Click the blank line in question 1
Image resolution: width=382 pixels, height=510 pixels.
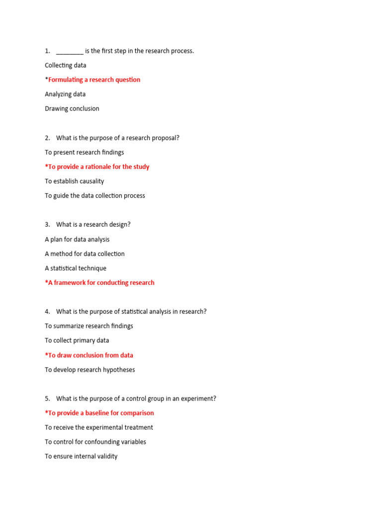pos(70,52)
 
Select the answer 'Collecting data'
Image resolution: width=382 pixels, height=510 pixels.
pos(65,65)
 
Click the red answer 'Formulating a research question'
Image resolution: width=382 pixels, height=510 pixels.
pos(93,80)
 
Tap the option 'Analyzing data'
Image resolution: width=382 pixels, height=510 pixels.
pos(65,94)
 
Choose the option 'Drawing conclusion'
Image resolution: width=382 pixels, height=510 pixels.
pos(72,109)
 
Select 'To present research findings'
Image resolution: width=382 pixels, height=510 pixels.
pos(84,152)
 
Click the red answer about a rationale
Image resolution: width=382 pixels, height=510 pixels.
pos(97,167)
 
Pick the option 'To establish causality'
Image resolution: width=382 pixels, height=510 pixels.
pos(74,181)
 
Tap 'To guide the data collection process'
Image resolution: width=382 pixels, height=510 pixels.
pos(95,196)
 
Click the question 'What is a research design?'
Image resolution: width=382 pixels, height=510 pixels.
pos(93,225)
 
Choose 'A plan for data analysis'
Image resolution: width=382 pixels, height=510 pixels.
pos(77,240)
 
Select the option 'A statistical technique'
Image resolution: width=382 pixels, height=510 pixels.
pos(75,268)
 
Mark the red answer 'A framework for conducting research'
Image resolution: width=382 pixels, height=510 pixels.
pos(99,283)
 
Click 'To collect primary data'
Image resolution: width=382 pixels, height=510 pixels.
pos(77,341)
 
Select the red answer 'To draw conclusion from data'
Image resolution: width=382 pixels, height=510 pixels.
pos(89,355)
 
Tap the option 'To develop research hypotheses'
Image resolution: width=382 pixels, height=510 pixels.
pos(90,370)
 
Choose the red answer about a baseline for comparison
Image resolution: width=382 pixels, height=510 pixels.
pos(99,413)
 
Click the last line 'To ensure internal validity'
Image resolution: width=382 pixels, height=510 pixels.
pos(81,456)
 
